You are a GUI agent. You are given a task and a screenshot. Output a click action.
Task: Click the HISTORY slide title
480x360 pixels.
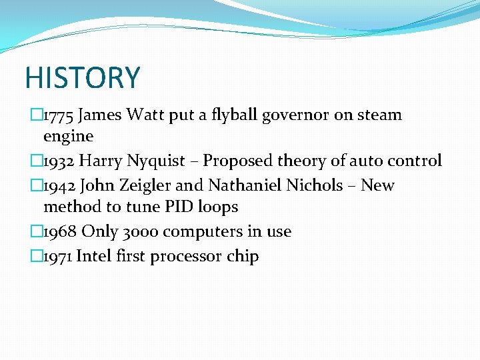point(83,77)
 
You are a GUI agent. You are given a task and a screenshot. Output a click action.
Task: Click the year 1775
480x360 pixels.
point(58,115)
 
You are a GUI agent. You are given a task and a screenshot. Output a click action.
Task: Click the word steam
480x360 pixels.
point(379,115)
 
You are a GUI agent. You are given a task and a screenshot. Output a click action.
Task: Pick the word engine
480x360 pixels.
point(68,137)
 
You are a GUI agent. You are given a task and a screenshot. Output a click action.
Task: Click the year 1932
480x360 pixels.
point(58,161)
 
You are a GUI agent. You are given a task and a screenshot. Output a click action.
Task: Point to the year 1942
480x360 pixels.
point(58,185)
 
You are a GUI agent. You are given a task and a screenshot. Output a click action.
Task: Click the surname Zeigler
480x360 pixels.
point(145,186)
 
